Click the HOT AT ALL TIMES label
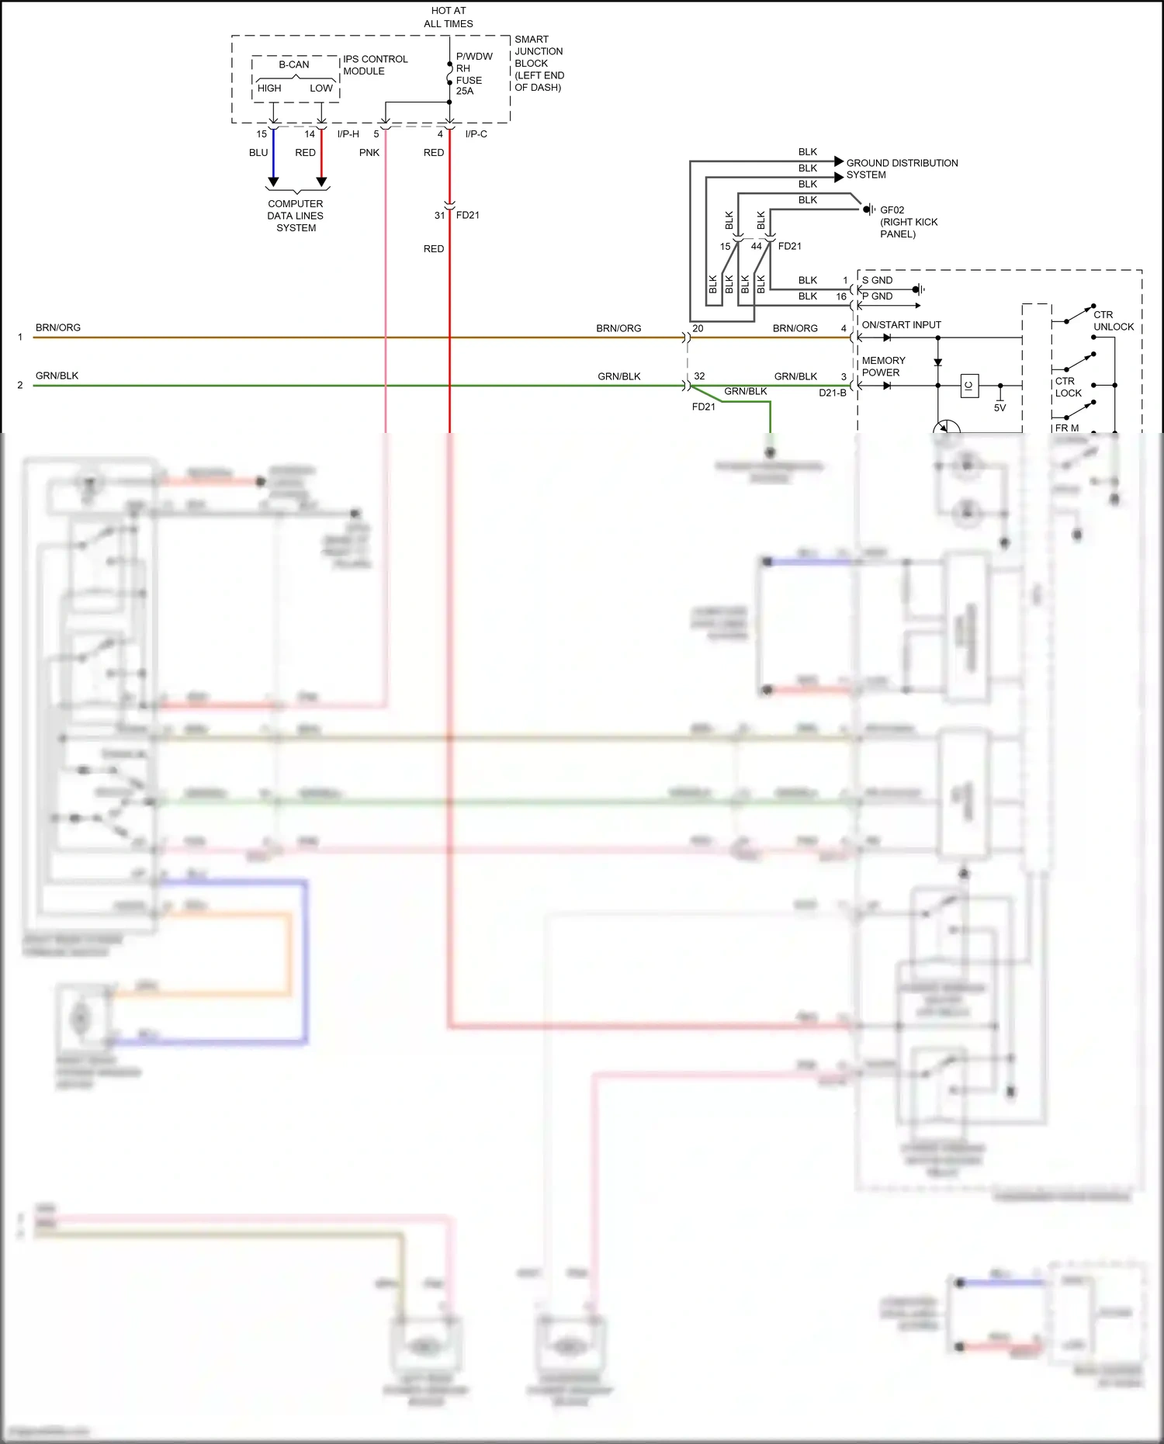449,17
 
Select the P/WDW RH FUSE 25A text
473,74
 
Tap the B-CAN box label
294,64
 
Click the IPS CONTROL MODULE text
375,65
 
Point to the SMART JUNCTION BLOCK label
539,63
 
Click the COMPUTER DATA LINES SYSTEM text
296,216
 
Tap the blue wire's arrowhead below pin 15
273,182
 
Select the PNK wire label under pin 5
369,153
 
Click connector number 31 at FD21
440,215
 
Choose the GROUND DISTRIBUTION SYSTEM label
901,168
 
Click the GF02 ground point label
892,210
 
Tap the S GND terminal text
877,280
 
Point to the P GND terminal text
877,296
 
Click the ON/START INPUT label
901,325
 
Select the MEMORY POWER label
883,366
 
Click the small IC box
969,386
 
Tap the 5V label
999,408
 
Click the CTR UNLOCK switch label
1113,320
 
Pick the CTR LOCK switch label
1068,387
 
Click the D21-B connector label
832,393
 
